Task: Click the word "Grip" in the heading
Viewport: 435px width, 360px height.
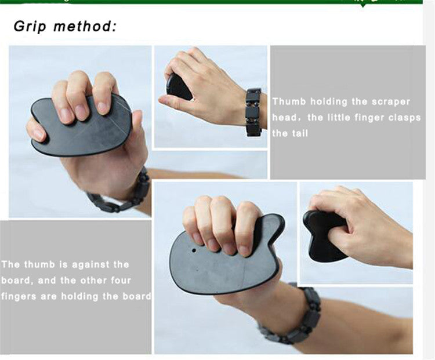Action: pos(30,27)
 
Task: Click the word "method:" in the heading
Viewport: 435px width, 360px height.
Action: pos(85,26)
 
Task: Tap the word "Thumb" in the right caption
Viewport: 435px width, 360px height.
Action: pos(289,101)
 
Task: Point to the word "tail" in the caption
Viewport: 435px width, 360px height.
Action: pos(300,133)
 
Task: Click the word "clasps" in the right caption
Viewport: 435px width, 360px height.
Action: pos(404,118)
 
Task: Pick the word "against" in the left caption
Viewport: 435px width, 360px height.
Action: pos(88,265)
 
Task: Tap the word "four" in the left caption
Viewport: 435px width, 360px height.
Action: pos(121,281)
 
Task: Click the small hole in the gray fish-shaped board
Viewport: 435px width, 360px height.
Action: pos(194,250)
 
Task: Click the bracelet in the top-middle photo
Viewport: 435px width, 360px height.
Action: pos(253,112)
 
